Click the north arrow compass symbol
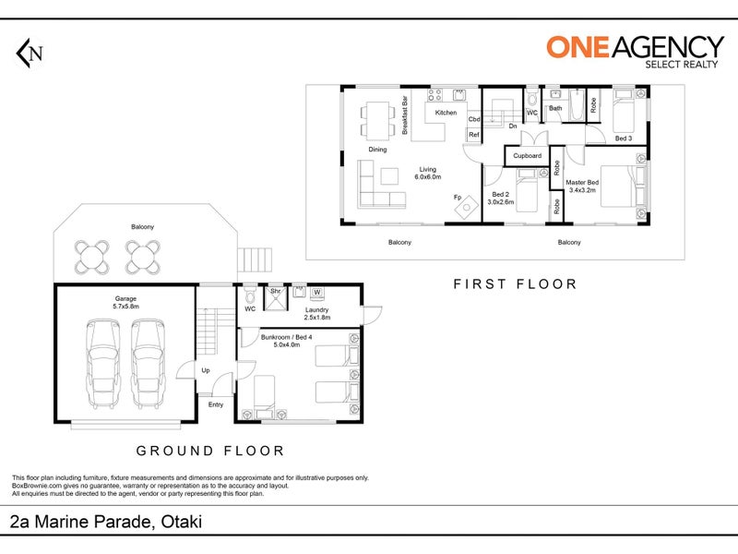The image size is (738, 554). click(x=30, y=54)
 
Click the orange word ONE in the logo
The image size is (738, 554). click(x=578, y=48)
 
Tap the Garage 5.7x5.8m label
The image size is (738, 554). click(x=125, y=303)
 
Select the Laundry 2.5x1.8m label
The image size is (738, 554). click(x=316, y=314)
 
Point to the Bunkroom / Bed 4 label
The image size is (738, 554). click(x=286, y=337)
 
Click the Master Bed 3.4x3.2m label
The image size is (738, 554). click(x=582, y=187)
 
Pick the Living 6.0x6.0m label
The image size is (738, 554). click(x=428, y=173)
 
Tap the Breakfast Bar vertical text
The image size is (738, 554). click(x=405, y=115)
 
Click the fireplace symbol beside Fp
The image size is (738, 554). click(x=467, y=207)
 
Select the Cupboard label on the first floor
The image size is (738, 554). click(x=527, y=155)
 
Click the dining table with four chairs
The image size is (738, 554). click(x=377, y=121)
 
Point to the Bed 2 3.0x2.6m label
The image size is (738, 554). click(x=501, y=198)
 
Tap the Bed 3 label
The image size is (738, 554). click(x=624, y=138)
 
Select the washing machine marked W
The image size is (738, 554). click(x=317, y=293)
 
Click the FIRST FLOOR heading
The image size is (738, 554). click(x=516, y=284)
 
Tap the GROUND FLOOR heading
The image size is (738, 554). click(x=210, y=451)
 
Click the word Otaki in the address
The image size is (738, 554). click(x=181, y=522)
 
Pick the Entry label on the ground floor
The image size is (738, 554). click(x=216, y=404)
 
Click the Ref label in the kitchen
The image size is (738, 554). click(x=474, y=135)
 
